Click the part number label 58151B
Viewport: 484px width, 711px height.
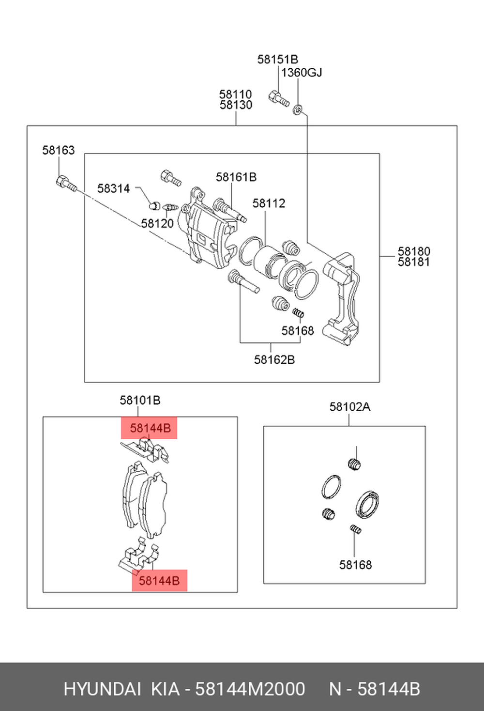[x=277, y=60]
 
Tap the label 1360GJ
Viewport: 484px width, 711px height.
[x=302, y=73]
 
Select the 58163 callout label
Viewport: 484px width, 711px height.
[x=59, y=150]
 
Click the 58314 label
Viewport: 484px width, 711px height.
[x=114, y=188]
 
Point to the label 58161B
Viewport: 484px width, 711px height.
[x=236, y=177]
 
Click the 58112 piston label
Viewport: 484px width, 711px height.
[x=269, y=203]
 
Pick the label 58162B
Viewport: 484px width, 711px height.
[x=274, y=360]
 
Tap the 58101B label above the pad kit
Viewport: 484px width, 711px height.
[x=140, y=401]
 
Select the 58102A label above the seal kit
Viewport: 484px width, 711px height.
[x=350, y=407]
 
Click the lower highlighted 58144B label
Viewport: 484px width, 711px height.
[x=159, y=580]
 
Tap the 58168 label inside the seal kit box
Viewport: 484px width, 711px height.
[x=355, y=565]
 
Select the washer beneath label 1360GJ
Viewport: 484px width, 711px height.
[x=298, y=110]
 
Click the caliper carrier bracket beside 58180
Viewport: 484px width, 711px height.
[x=344, y=295]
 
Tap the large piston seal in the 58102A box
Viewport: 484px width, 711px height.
[x=367, y=504]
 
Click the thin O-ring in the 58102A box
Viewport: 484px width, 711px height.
[x=331, y=487]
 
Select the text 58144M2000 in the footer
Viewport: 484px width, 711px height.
[x=250, y=689]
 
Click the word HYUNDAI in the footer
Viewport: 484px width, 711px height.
[x=102, y=689]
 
